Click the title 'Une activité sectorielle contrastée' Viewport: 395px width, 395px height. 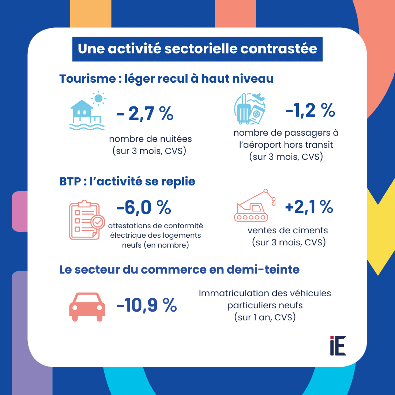click(197, 49)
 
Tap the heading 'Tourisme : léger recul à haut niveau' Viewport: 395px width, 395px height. click(166, 79)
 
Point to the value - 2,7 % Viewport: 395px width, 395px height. click(145, 114)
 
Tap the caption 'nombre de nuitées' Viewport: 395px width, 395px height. click(150, 139)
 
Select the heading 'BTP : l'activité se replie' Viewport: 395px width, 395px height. click(127, 181)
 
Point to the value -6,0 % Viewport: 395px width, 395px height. click(144, 208)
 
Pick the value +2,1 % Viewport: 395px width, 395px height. click(309, 208)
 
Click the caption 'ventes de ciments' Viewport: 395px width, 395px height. click(288, 231)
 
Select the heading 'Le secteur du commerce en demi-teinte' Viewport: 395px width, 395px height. click(180, 270)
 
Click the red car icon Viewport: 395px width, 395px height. click(87, 307)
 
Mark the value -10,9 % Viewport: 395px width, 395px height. click(147, 305)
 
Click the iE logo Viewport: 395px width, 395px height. click(338, 345)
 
